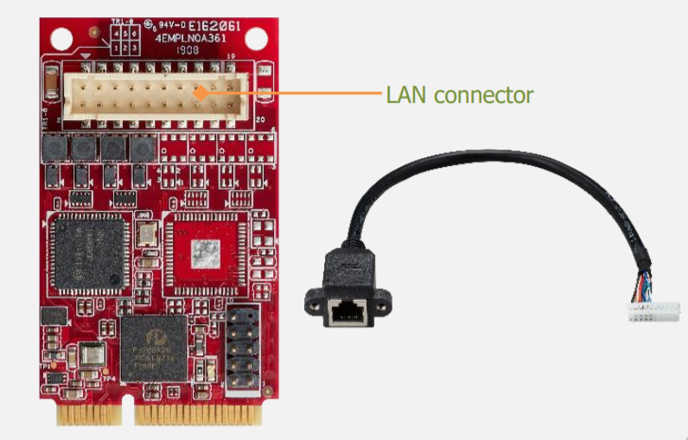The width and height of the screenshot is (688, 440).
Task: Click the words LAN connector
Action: pyautogui.click(x=459, y=94)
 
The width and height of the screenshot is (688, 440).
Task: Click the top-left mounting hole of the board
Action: pyautogui.click(x=61, y=39)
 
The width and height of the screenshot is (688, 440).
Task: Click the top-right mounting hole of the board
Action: pyautogui.click(x=256, y=39)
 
